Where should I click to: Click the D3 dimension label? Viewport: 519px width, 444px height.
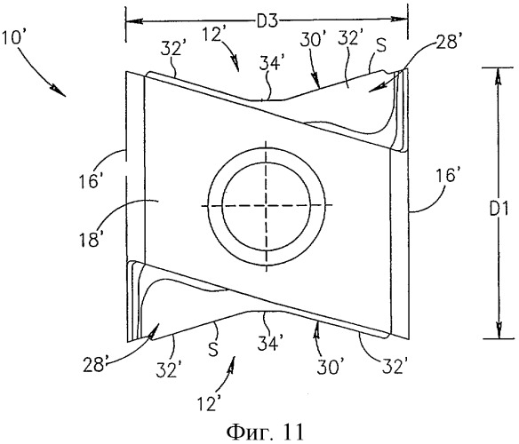(x=267, y=22)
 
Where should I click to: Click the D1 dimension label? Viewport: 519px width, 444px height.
(x=499, y=210)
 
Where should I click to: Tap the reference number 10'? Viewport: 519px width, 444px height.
(x=12, y=37)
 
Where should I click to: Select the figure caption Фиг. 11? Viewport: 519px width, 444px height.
(x=265, y=431)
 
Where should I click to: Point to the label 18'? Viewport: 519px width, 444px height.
(x=89, y=239)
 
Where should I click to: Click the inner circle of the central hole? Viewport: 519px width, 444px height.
(x=267, y=206)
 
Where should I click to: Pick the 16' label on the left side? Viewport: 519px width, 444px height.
(x=89, y=181)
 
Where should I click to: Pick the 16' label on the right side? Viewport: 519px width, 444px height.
(x=446, y=175)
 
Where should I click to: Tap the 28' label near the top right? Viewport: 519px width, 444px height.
(x=447, y=43)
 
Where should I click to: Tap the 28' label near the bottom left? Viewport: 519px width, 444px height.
(x=94, y=365)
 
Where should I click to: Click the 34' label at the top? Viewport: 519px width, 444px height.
(x=270, y=64)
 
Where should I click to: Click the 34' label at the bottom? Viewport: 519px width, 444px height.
(x=268, y=344)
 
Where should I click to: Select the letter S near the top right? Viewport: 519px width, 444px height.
(x=381, y=45)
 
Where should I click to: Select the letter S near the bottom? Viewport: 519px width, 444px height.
(x=213, y=349)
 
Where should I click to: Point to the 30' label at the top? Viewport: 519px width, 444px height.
(x=311, y=40)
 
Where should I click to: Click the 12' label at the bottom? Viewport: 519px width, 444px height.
(x=209, y=403)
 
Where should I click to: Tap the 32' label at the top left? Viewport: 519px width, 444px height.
(x=172, y=49)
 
